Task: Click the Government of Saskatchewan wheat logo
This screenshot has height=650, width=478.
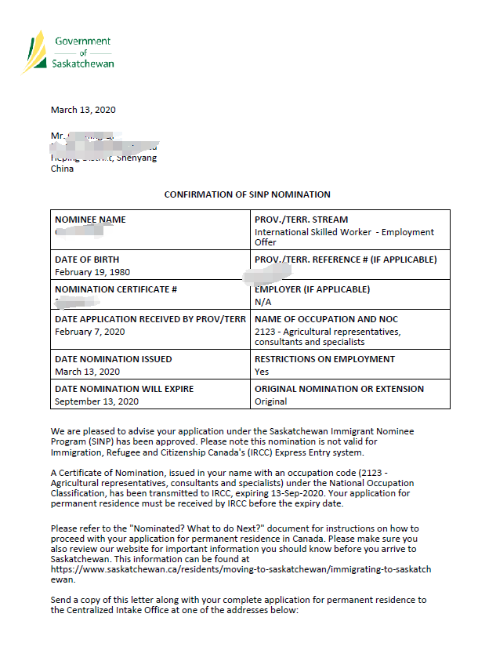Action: pyautogui.click(x=35, y=51)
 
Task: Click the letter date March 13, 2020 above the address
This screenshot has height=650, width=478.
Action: pyautogui.click(x=83, y=110)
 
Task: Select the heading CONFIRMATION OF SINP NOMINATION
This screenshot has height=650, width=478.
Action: pyautogui.click(x=247, y=194)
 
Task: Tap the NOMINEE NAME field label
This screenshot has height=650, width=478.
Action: pyautogui.click(x=90, y=220)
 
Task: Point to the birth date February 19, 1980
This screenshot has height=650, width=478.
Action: pyautogui.click(x=92, y=272)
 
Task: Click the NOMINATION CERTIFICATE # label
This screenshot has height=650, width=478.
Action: pyautogui.click(x=116, y=289)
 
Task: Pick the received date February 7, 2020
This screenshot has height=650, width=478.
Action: pyautogui.click(x=90, y=332)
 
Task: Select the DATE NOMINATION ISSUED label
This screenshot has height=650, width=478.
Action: pyautogui.click(x=113, y=359)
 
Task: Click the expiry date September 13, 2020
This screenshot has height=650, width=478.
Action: pyautogui.click(x=96, y=401)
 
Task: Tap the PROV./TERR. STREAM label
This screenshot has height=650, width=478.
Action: pyautogui.click(x=301, y=220)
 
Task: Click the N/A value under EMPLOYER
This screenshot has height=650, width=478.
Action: pyautogui.click(x=263, y=302)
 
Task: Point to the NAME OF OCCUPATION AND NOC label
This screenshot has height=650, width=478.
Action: pyautogui.click(x=326, y=319)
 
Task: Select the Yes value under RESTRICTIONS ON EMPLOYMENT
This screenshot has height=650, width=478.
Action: pyautogui.click(x=262, y=372)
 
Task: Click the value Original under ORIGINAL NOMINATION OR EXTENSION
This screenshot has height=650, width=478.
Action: pyautogui.click(x=271, y=401)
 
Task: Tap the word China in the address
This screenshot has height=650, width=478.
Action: pyautogui.click(x=63, y=169)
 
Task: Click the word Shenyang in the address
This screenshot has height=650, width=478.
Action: pyautogui.click(x=138, y=158)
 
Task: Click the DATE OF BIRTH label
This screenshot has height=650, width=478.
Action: pyautogui.click(x=87, y=260)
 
